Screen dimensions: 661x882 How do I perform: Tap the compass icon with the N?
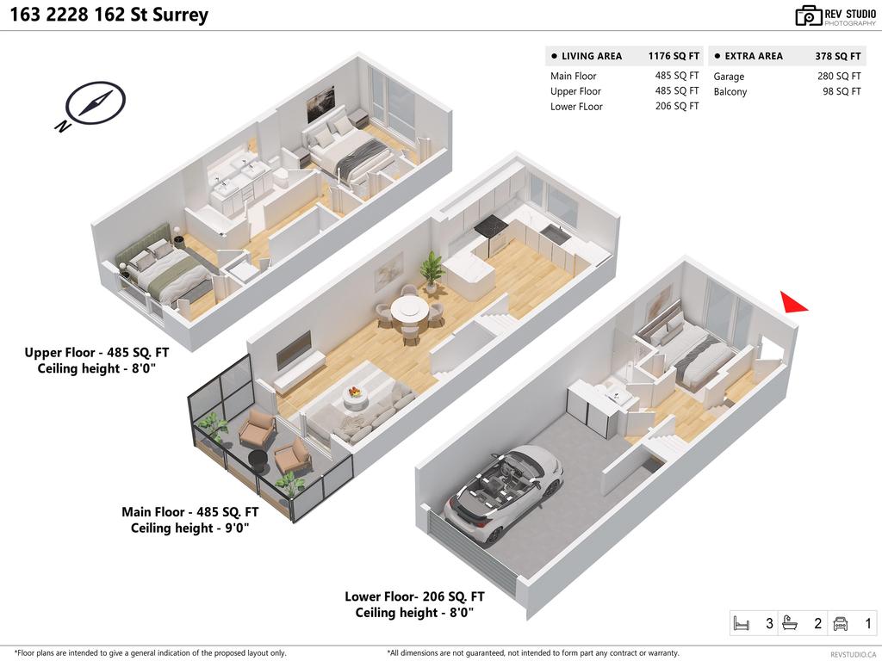coord(90,106)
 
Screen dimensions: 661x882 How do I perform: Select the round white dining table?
coord(407,308)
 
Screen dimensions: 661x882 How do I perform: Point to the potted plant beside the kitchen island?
coord(432,269)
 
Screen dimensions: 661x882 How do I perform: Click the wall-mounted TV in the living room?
coord(294,349)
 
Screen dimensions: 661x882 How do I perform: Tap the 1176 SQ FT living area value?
coord(674,56)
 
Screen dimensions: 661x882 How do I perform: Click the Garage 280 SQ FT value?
coord(838,77)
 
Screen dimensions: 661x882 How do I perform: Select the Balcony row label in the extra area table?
coord(730,92)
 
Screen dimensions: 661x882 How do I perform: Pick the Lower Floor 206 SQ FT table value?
coord(676,107)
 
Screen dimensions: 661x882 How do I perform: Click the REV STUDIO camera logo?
coord(808,15)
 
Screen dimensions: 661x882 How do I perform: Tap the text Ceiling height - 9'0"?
coord(189,528)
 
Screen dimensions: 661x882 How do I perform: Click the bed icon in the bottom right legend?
coord(740,623)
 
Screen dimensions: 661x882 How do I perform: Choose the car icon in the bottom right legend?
coord(842,623)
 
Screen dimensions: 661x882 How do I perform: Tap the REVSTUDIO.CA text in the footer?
coord(853,654)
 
